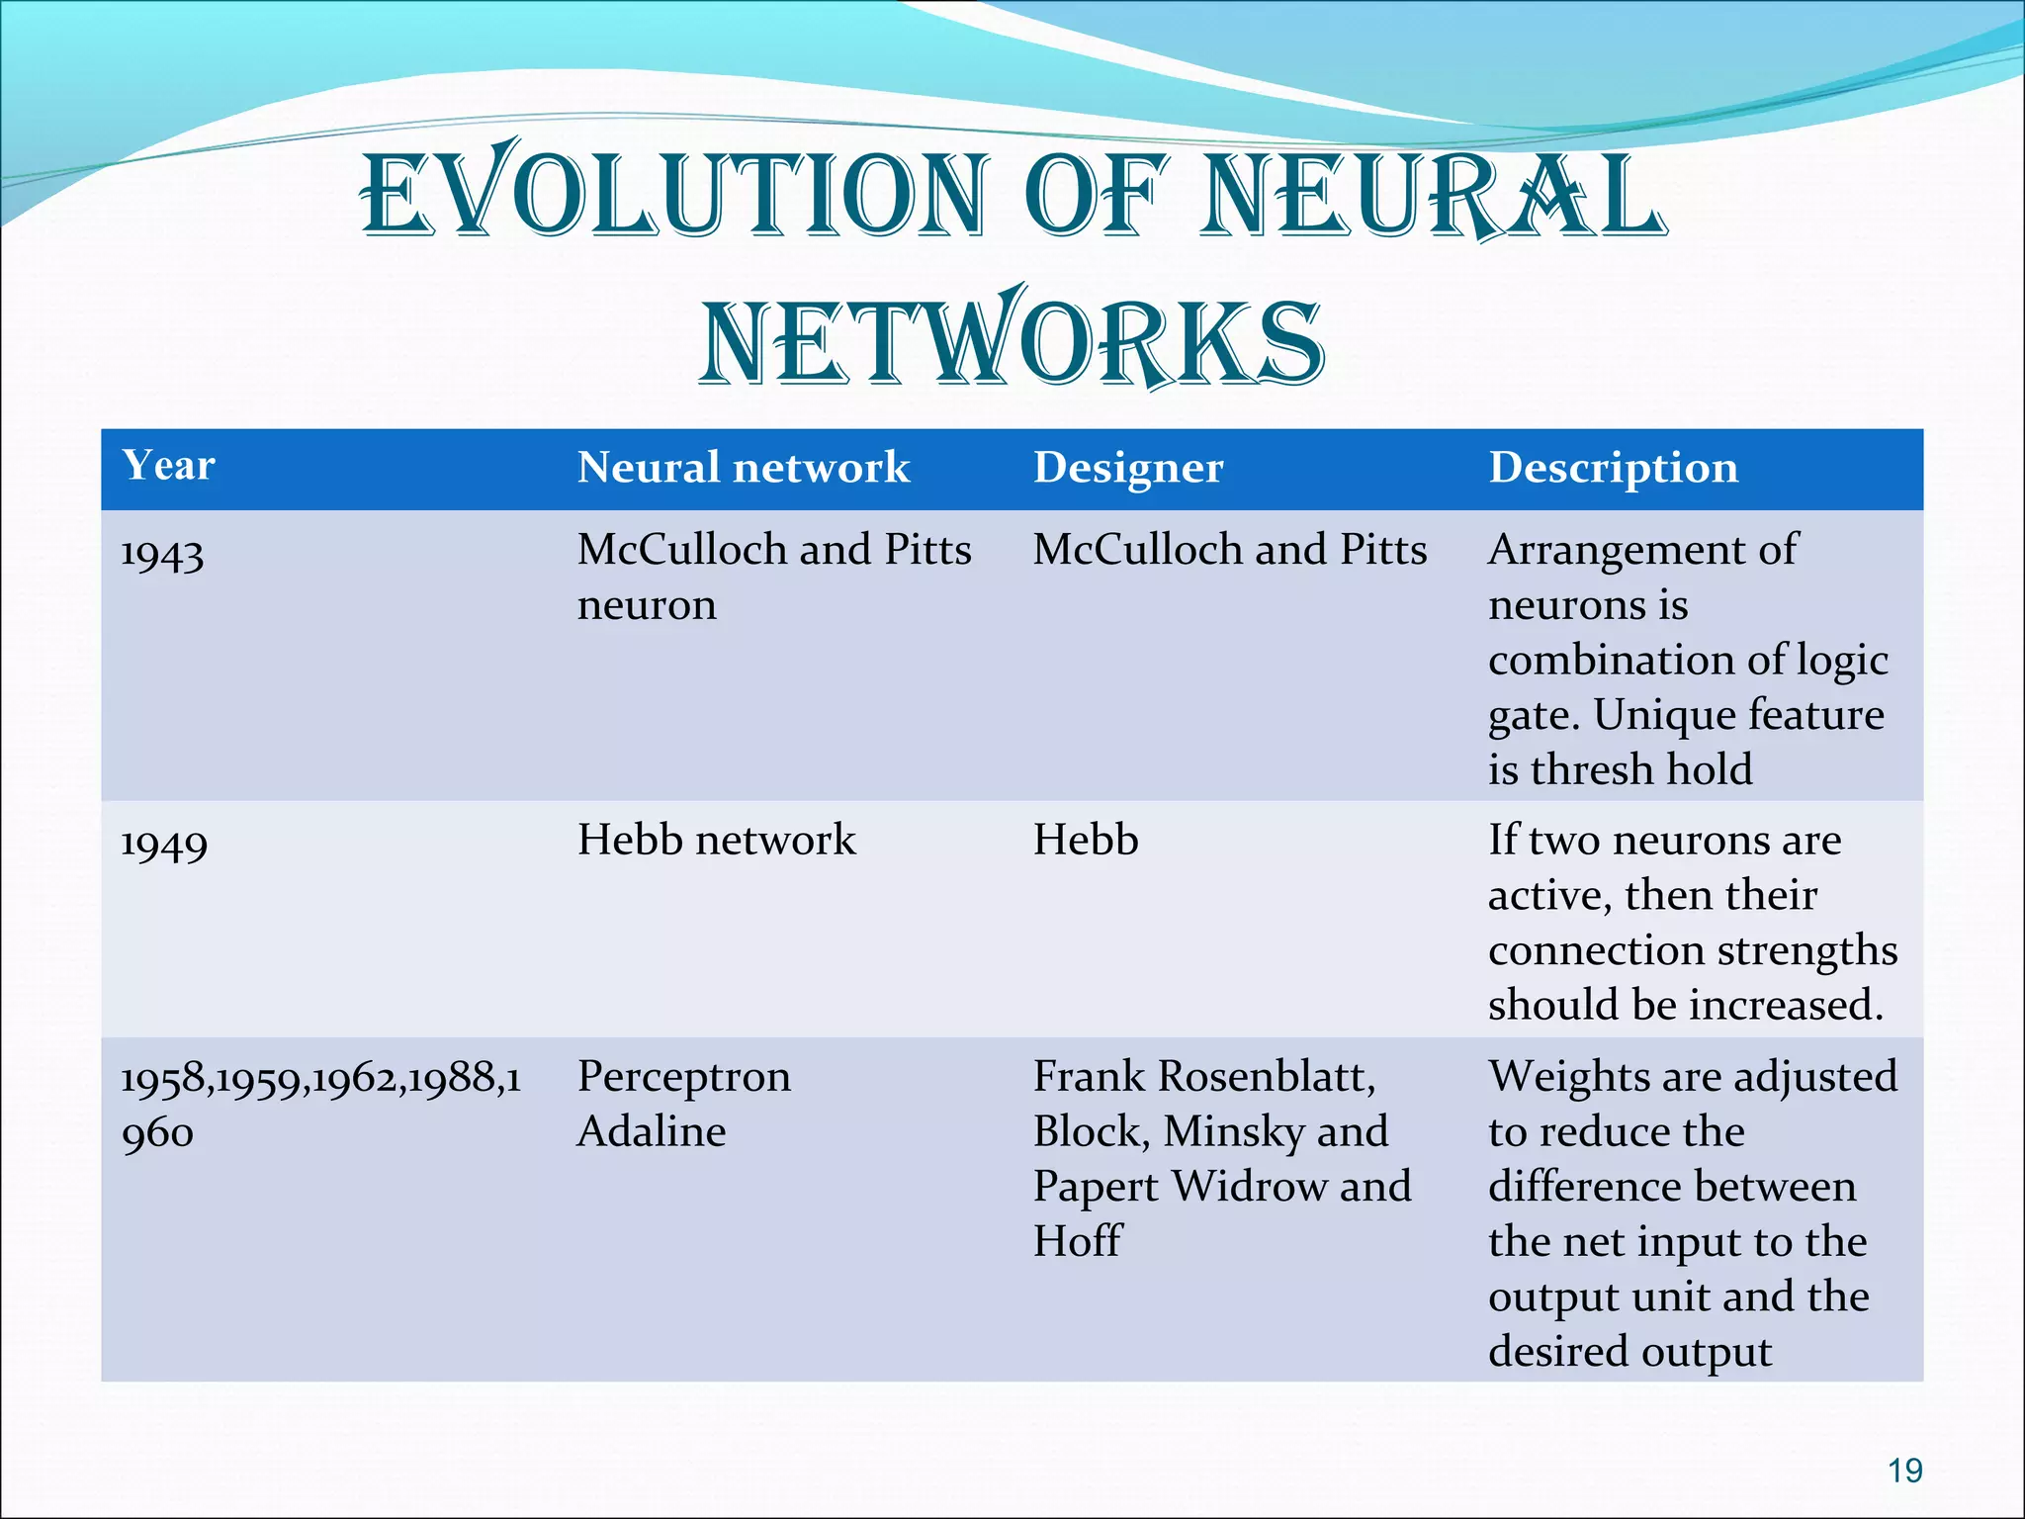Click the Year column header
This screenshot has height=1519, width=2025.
[168, 465]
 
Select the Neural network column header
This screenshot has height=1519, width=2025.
[743, 467]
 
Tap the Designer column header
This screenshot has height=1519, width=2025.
[1128, 467]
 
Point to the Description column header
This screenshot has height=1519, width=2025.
[1613, 467]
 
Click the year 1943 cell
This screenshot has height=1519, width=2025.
[162, 554]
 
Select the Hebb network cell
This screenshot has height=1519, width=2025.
[716, 840]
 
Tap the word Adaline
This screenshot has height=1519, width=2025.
[651, 1131]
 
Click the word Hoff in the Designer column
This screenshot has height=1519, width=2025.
[1078, 1241]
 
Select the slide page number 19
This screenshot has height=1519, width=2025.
[1904, 1471]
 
